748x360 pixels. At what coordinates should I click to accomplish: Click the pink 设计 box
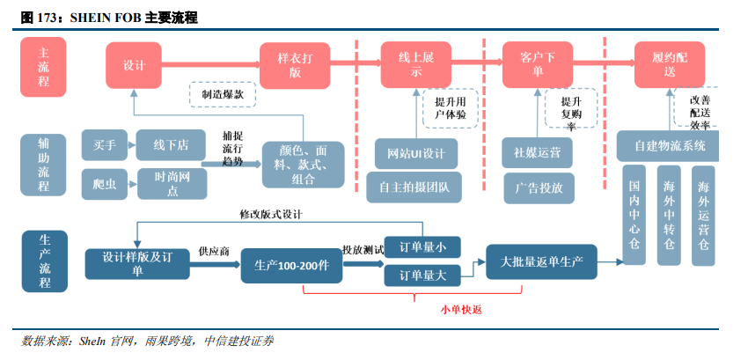coord(133,64)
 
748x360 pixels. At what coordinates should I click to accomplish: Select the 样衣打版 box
coord(295,64)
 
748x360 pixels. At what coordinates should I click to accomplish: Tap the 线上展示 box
coord(416,64)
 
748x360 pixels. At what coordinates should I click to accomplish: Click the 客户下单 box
coord(537,64)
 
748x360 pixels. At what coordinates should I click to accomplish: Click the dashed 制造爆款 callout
coord(222,93)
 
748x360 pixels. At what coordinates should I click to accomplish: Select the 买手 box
coord(105,144)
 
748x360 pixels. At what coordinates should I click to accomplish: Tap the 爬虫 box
coord(105,183)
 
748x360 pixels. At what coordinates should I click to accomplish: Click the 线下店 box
coord(172,144)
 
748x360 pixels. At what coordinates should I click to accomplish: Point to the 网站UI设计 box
coord(416,153)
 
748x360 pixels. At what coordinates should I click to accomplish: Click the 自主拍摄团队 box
coord(414,187)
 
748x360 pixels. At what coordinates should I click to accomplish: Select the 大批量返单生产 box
coord(541,261)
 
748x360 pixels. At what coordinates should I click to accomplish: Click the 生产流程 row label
coord(45,261)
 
